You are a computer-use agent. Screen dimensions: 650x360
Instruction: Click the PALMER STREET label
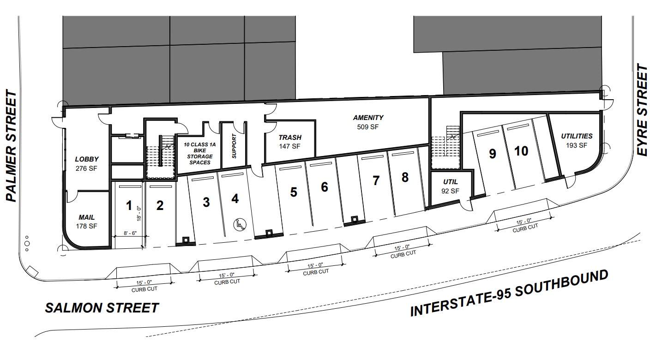tap(12, 146)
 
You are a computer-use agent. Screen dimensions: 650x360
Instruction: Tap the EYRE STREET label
tap(642, 110)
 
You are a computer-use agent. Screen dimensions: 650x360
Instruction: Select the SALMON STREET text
tap(102, 308)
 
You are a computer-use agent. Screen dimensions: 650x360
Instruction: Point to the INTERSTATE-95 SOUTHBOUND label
tap(509, 293)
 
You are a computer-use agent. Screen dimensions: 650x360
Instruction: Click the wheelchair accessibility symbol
tap(240, 224)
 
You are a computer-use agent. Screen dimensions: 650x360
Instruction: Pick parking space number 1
tap(129, 206)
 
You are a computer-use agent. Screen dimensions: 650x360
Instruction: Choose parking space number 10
tap(521, 151)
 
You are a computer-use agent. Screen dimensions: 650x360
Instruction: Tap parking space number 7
tap(376, 180)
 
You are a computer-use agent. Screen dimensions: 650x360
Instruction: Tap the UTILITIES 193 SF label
tap(577, 140)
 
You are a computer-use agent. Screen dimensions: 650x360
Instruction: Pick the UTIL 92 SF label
tap(451, 186)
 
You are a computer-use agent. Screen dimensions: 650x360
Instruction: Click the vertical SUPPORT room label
tap(235, 146)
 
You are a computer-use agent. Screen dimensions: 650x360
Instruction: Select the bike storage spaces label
tap(199, 153)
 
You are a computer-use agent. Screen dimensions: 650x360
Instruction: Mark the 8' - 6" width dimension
tap(130, 233)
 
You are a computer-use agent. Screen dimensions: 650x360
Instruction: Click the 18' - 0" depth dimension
tap(139, 214)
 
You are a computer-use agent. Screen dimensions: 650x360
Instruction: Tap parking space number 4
tap(235, 199)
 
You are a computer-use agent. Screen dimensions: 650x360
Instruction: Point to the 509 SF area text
tap(367, 127)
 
